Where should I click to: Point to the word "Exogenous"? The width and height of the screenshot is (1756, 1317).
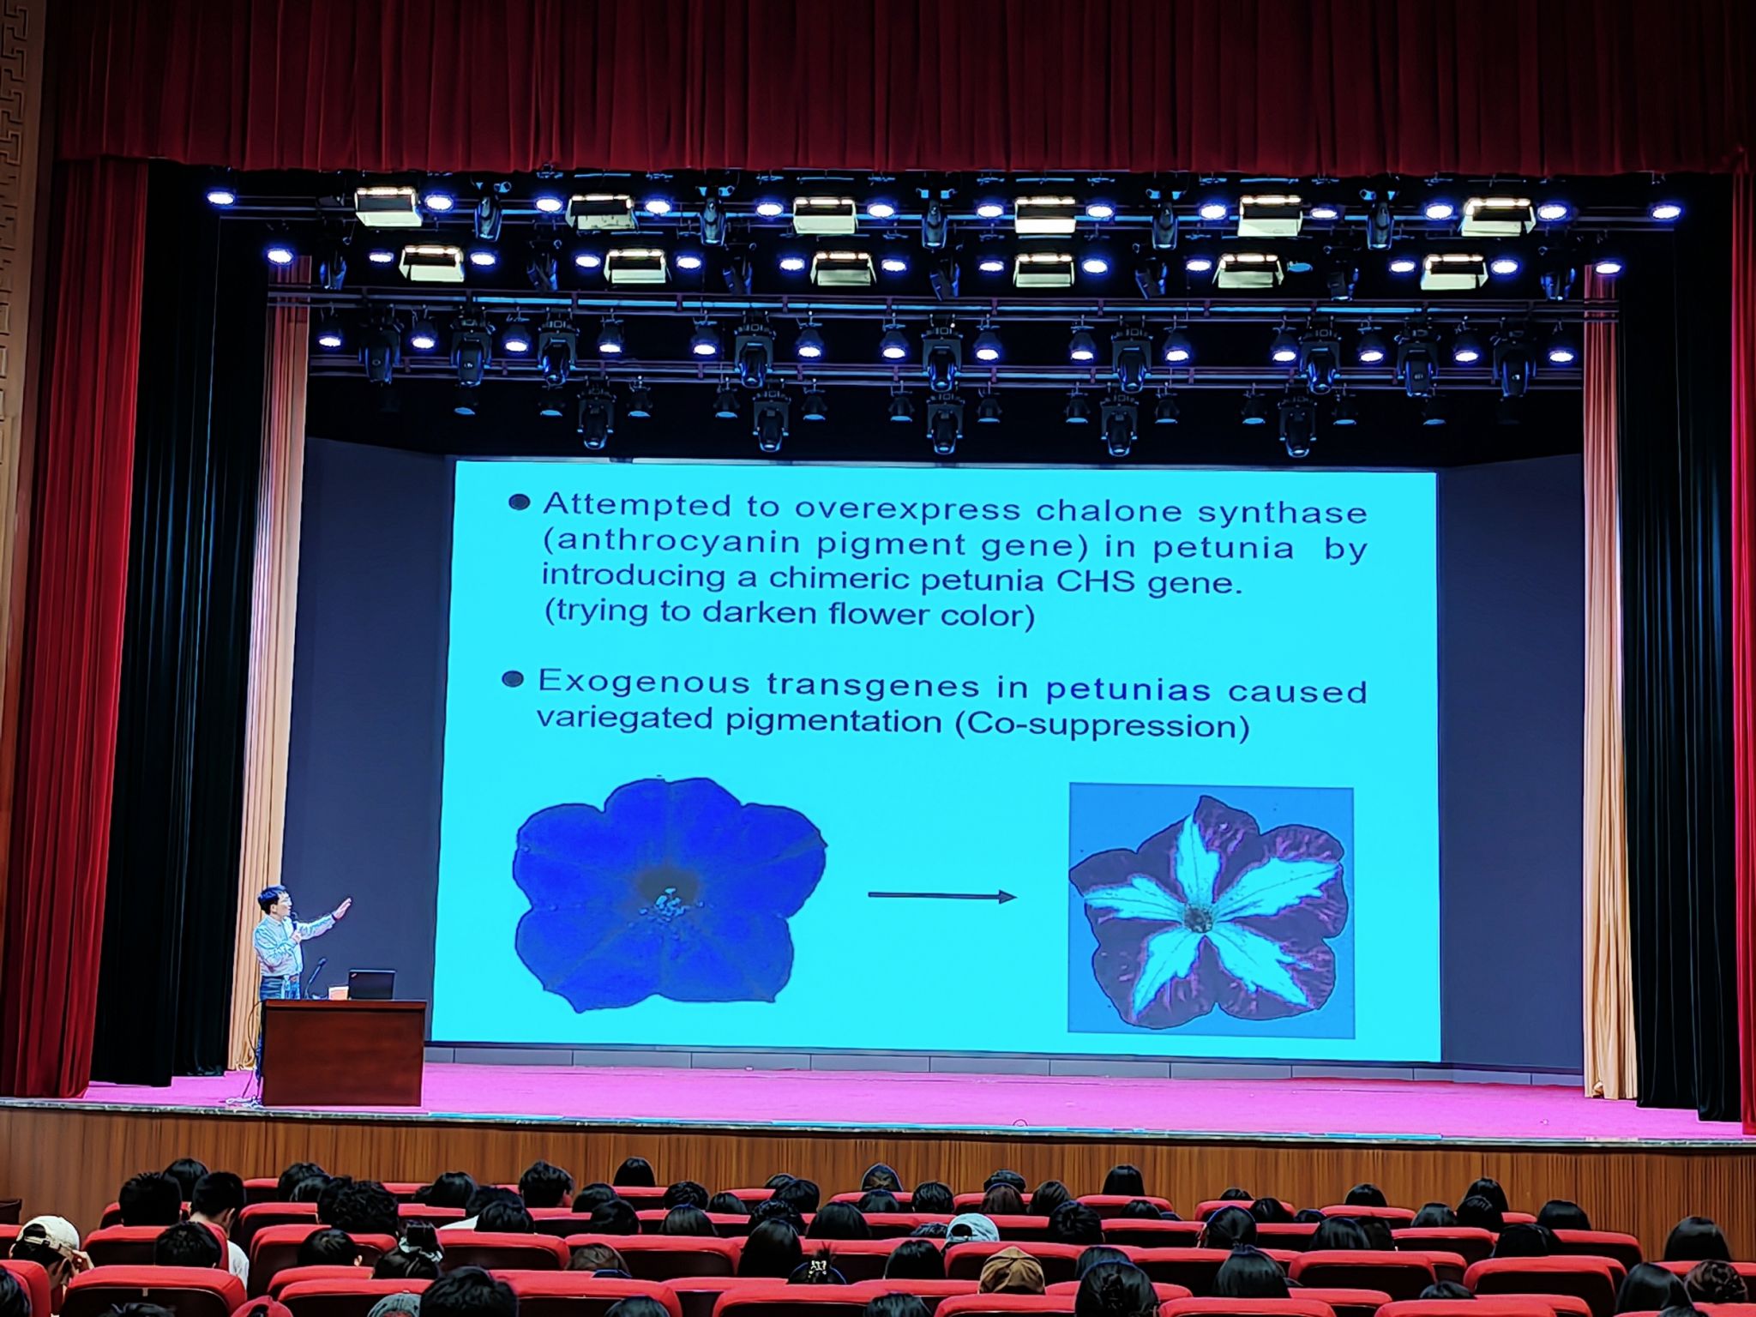click(x=643, y=683)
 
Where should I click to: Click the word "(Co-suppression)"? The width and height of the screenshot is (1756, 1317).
click(x=1102, y=725)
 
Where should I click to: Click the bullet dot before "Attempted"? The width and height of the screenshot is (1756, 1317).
click(x=519, y=502)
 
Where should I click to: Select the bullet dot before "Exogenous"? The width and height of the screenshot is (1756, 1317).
click(x=513, y=680)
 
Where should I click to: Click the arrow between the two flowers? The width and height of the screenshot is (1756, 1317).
click(x=941, y=897)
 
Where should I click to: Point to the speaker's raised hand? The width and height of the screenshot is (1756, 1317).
click(x=342, y=908)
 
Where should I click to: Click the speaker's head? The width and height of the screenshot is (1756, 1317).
click(x=274, y=901)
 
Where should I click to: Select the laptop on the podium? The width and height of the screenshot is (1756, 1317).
click(x=372, y=984)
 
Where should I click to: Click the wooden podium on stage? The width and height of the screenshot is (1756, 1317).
click(x=344, y=1052)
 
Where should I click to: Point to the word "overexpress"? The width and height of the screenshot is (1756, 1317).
click(x=907, y=509)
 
